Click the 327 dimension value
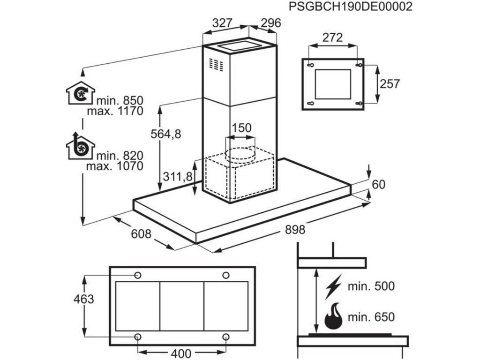click(x=223, y=22)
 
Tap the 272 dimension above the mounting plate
click(x=333, y=38)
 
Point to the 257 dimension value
click(x=390, y=84)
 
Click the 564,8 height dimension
click(x=165, y=134)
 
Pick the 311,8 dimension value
click(x=178, y=176)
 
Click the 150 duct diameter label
click(x=242, y=127)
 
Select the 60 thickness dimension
click(x=378, y=185)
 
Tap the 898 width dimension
click(x=295, y=230)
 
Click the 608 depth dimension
click(x=141, y=233)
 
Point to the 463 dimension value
click(x=84, y=299)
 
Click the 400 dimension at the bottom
click(x=181, y=353)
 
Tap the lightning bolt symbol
click(x=334, y=286)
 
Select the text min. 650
click(x=370, y=317)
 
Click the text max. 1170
click(x=115, y=111)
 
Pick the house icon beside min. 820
click(x=81, y=146)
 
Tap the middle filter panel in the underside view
click(x=181, y=306)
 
